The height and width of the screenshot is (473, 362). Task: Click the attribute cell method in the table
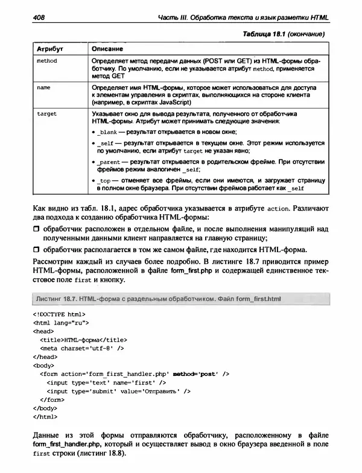pos(48,62)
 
